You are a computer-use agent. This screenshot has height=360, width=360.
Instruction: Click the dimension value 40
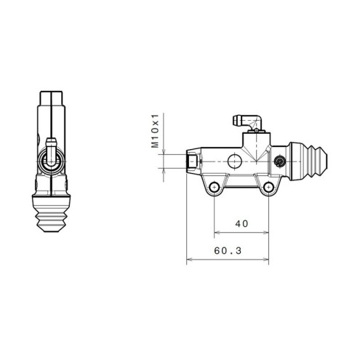pyautogui.click(x=242, y=223)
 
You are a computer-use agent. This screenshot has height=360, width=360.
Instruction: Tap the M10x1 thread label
pyautogui.click(x=155, y=130)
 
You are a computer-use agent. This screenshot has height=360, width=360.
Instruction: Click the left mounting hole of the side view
pyautogui.click(x=214, y=189)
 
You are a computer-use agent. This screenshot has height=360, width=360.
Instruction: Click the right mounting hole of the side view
pyautogui.click(x=270, y=189)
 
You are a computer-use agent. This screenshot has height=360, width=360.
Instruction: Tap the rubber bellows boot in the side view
pyautogui.click(x=313, y=159)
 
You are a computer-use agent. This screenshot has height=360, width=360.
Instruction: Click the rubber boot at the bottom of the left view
pyautogui.click(x=51, y=214)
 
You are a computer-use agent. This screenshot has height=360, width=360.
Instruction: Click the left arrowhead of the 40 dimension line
pyautogui.click(x=216, y=233)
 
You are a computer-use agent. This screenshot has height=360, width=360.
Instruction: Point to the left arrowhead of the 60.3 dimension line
pyautogui.click(x=189, y=259)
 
